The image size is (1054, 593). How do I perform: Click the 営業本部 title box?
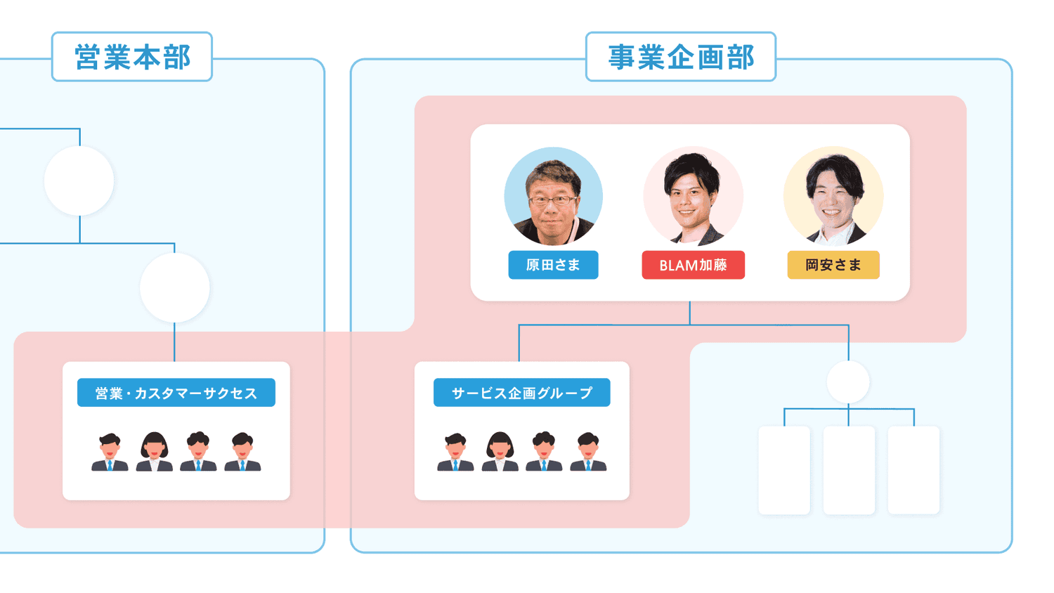(132, 57)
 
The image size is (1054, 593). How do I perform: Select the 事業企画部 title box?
(680, 57)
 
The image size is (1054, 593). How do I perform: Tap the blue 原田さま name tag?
(553, 265)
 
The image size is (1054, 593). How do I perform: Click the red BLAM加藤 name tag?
(693, 265)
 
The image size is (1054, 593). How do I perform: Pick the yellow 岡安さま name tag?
(833, 265)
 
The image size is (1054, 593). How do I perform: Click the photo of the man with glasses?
(553, 197)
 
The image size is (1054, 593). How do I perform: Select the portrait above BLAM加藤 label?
(693, 197)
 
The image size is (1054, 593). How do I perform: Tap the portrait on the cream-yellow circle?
(833, 197)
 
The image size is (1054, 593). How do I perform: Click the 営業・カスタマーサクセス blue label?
(176, 393)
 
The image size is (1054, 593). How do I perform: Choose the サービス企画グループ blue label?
(521, 393)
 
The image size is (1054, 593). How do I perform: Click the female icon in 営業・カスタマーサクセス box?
(154, 452)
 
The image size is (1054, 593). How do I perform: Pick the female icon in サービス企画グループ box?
(500, 452)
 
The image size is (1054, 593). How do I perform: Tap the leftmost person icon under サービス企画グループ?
(455, 452)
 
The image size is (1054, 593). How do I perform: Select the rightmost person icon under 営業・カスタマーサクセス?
(242, 452)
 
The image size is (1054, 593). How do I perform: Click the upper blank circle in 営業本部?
(79, 181)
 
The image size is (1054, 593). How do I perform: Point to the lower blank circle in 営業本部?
(174, 287)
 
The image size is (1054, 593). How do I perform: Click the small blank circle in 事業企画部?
(848, 382)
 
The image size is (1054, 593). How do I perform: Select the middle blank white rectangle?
(849, 469)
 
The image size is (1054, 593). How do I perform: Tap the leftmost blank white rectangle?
(784, 469)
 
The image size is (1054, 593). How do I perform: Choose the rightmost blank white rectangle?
(913, 469)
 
